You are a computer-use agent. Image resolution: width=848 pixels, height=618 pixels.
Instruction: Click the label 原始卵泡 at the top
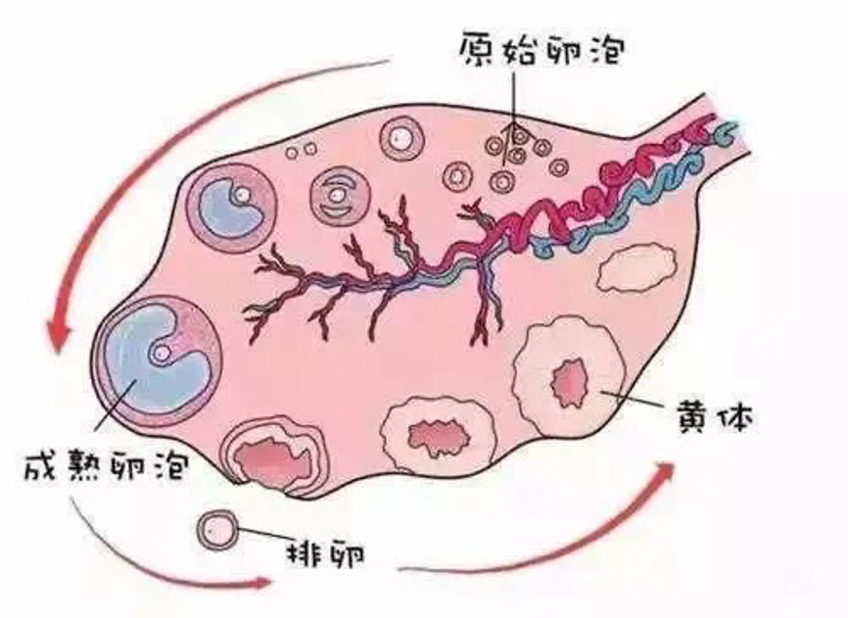pos(540,48)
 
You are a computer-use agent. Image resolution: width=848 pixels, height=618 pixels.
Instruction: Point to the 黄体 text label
pos(712,417)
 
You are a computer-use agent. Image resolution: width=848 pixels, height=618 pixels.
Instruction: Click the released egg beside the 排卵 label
pos(217,530)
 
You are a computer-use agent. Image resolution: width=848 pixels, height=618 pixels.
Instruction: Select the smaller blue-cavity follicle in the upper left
pos(230,204)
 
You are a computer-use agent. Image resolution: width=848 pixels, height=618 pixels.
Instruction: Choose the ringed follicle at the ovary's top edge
pos(400,140)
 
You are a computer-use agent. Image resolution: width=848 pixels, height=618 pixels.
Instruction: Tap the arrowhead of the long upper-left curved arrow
pos(60,339)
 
